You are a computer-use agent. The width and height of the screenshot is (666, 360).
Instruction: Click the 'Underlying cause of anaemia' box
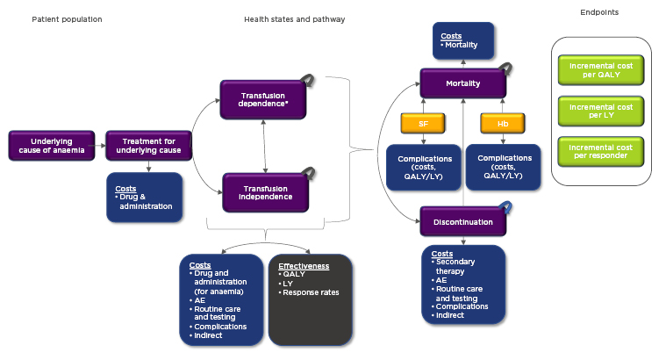pos(51,145)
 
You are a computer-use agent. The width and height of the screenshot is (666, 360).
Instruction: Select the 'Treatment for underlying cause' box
pos(147,145)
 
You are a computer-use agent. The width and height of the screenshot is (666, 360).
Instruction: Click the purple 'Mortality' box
pos(462,83)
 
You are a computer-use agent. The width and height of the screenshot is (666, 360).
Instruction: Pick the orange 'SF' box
pos(423,124)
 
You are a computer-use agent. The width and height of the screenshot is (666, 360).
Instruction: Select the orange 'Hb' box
pos(503,124)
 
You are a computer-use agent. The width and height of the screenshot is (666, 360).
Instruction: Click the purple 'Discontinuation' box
pos(463,222)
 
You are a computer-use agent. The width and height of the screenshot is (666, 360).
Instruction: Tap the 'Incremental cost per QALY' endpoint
pos(601,69)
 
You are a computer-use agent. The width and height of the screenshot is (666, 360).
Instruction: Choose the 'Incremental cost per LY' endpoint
pos(601,112)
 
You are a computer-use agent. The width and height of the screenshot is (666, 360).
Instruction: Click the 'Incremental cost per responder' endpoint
pos(601,152)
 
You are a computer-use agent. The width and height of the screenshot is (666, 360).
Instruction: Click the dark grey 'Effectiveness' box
pos(310,299)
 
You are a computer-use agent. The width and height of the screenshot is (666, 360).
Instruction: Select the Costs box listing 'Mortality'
pos(463,40)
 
